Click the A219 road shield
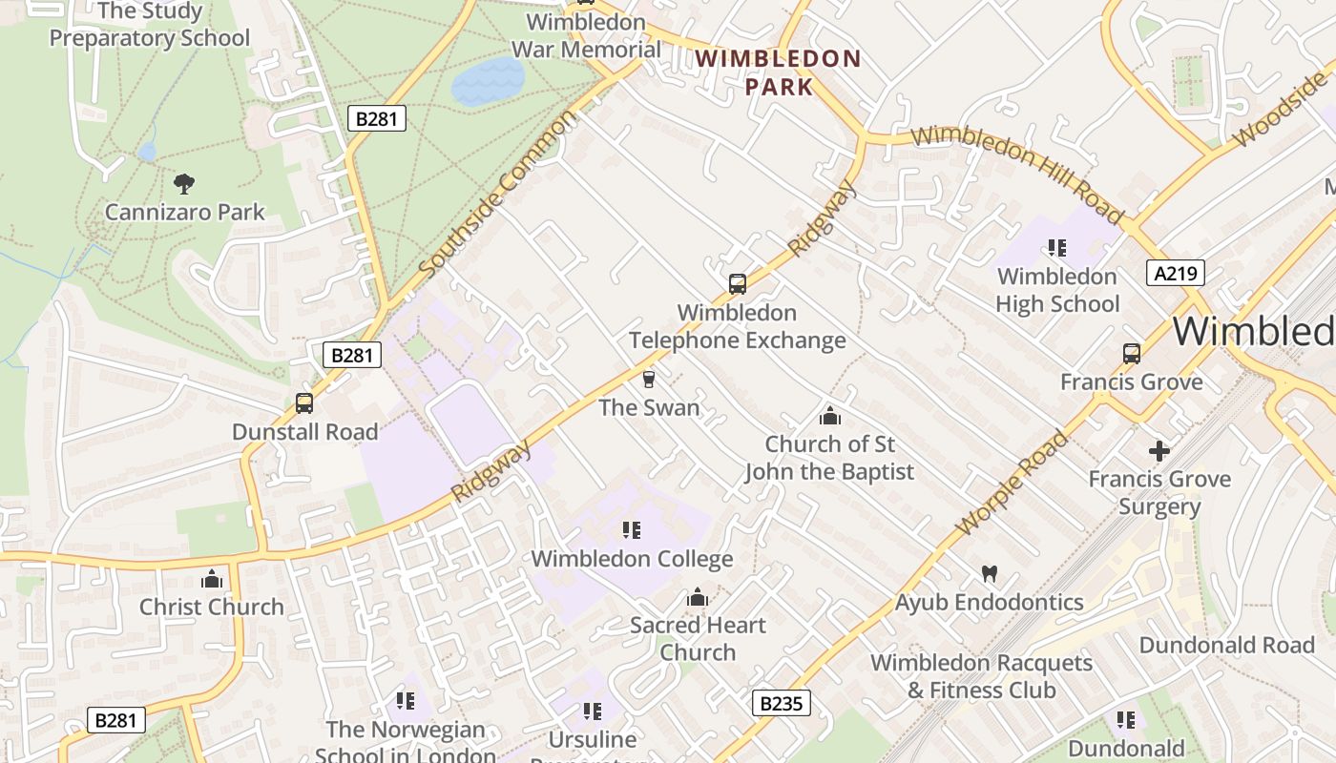[x=1175, y=274]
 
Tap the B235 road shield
[x=782, y=703]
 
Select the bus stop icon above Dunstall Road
[x=304, y=402]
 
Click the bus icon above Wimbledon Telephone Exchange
[x=737, y=283]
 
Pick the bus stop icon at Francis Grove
[x=1131, y=354]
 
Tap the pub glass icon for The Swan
[x=649, y=380]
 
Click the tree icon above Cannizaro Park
[x=184, y=182]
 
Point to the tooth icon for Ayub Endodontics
[x=989, y=573]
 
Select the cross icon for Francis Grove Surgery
[x=1159, y=450]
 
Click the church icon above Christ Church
[x=211, y=578]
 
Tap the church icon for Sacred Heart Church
[x=698, y=597]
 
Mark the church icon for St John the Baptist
[x=829, y=416]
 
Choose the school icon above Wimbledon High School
[x=1056, y=248]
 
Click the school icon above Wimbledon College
[x=631, y=529]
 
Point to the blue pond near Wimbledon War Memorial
[x=488, y=80]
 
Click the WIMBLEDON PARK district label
[x=778, y=72]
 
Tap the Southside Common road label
[x=498, y=193]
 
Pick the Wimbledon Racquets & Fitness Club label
[x=981, y=676]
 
